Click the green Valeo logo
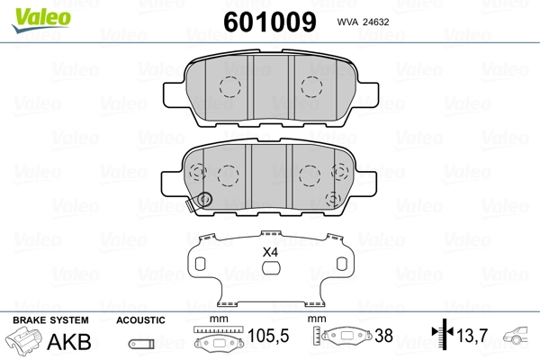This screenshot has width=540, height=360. pos(41,20)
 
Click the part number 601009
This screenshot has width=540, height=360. pos(270,22)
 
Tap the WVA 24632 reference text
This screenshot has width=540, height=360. pos(363,22)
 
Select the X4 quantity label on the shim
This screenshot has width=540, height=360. pos(270,253)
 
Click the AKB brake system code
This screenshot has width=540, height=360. pos(69,342)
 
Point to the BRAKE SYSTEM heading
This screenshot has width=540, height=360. pos(50,320)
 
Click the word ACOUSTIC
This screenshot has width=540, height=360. pos(140,320)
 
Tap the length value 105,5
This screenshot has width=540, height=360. pos(268,336)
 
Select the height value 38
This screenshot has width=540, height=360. pos(383,336)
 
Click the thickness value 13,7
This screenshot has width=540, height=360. pos(472,335)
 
